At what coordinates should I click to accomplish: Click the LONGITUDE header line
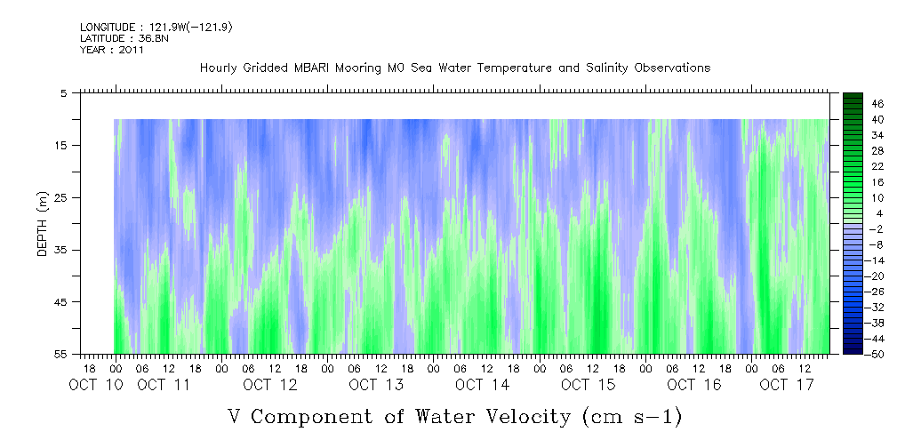coord(156,28)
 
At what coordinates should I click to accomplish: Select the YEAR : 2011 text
coord(112,50)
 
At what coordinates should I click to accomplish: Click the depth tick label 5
coord(64,92)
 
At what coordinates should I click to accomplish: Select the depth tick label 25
coord(61,197)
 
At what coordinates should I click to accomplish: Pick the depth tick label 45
coord(61,302)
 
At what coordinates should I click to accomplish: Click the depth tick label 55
coord(61,354)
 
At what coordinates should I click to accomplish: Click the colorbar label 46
coord(853,104)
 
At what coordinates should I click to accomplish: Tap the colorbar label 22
coord(853,166)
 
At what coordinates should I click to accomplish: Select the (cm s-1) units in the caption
coord(630,415)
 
